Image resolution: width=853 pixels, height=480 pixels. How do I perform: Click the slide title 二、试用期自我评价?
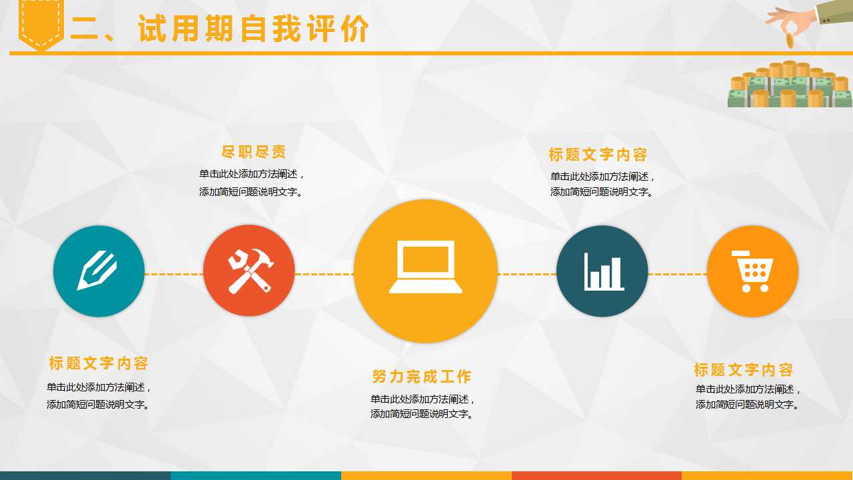point(220,29)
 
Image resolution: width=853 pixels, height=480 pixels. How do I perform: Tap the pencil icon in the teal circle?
point(98,271)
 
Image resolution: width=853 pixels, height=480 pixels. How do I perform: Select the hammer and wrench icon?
point(249,271)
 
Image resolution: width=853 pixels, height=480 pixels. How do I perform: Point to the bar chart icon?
point(602,271)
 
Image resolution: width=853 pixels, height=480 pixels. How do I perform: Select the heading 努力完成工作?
point(422,377)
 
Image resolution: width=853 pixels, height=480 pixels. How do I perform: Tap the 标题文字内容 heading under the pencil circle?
point(99,363)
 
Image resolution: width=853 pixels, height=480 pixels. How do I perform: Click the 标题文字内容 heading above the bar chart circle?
point(598,155)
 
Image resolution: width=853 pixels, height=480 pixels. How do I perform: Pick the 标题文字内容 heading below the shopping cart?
point(744,370)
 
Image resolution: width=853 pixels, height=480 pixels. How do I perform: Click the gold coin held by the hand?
point(790,39)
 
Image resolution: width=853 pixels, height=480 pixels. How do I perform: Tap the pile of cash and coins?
point(790,85)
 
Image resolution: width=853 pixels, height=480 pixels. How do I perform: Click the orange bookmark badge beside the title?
point(41,24)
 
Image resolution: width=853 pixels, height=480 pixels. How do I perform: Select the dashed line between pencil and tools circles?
point(174,274)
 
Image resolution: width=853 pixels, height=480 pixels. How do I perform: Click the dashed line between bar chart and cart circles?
point(677,274)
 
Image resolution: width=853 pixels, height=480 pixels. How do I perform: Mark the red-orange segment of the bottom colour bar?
point(596,475)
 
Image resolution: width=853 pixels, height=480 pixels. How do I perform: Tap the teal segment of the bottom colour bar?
point(256,475)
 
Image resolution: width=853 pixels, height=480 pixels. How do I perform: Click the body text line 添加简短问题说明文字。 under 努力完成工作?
point(422,414)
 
